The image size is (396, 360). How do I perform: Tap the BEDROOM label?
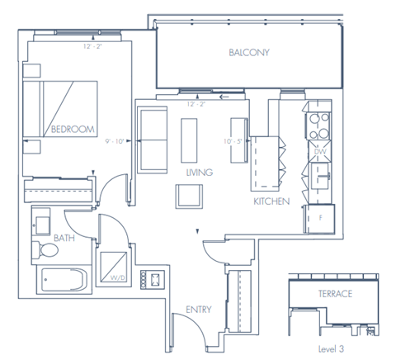coord(73,129)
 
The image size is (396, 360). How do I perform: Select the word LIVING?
coord(200,173)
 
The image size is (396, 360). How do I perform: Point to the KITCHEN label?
coord(271,201)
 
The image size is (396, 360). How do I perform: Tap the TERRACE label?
coord(336,294)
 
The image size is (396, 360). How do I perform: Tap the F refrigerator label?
coord(318,217)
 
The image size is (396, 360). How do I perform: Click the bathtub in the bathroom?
coord(62,282)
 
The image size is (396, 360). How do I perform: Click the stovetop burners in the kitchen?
coord(318,125)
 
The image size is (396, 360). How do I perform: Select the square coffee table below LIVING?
coord(188,196)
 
